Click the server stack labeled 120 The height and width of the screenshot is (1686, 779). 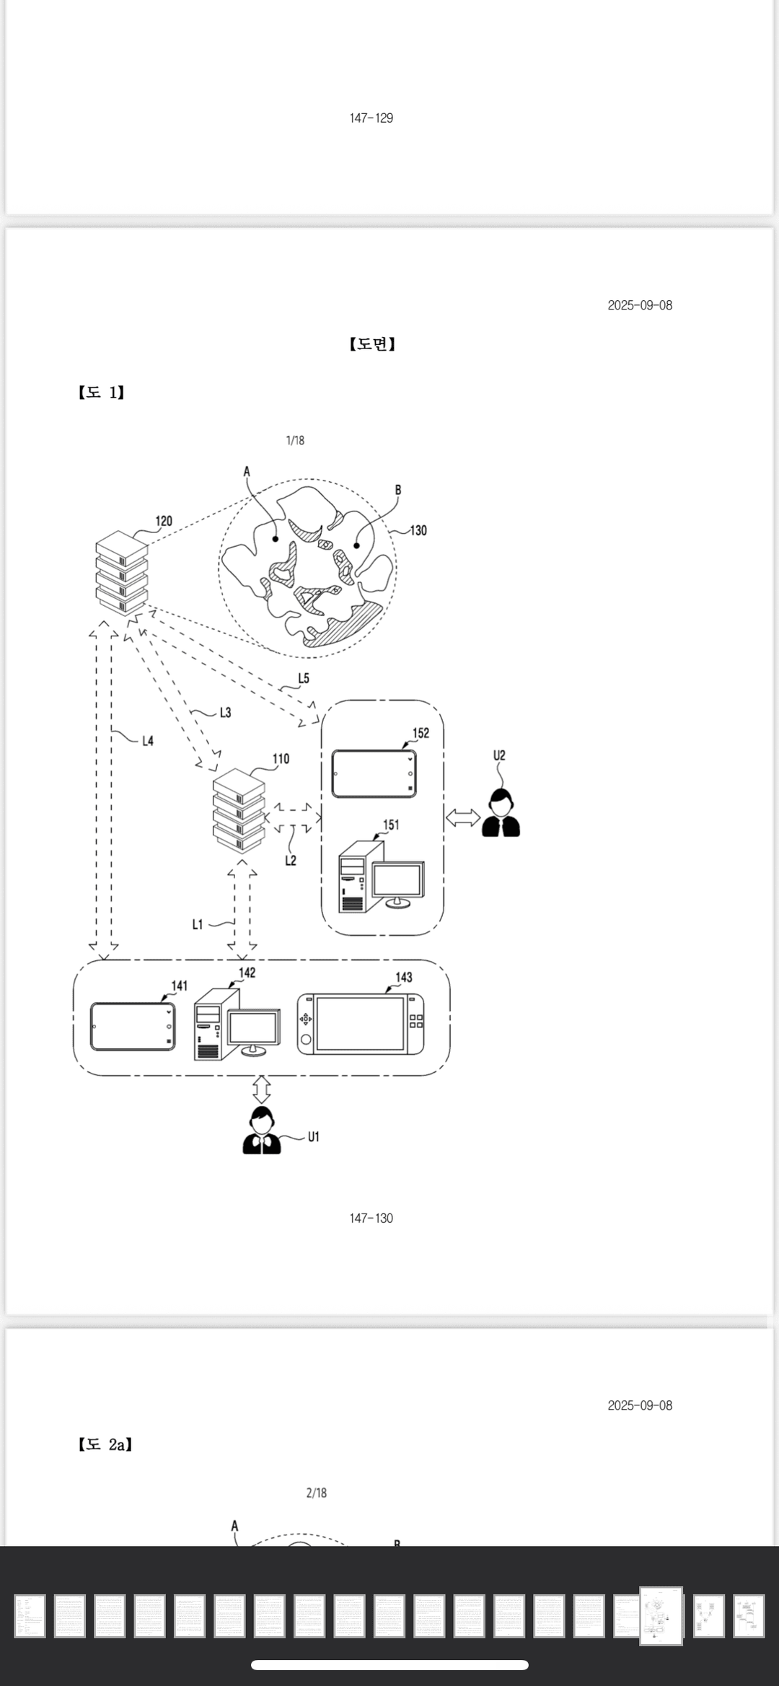(x=121, y=573)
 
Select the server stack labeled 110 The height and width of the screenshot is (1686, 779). (x=239, y=809)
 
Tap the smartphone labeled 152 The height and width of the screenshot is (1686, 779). (x=374, y=773)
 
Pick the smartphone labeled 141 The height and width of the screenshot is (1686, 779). (x=133, y=1026)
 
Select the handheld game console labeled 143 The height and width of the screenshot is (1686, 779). (x=360, y=1024)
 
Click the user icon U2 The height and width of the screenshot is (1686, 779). (x=501, y=814)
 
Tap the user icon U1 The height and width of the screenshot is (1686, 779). (x=261, y=1131)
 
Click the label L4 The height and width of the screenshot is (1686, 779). (x=147, y=741)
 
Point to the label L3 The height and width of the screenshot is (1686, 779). (x=225, y=713)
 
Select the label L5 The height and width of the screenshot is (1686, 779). (x=304, y=678)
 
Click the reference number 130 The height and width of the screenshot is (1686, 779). (x=418, y=530)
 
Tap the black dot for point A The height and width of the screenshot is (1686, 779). (x=276, y=539)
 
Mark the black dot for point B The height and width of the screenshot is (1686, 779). (x=356, y=545)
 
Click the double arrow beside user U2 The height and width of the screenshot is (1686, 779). (x=463, y=817)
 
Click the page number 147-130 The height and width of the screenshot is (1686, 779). (x=371, y=1219)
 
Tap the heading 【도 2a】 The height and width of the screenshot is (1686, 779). (x=105, y=1444)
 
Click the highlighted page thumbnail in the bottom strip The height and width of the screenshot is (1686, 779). (x=661, y=1616)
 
